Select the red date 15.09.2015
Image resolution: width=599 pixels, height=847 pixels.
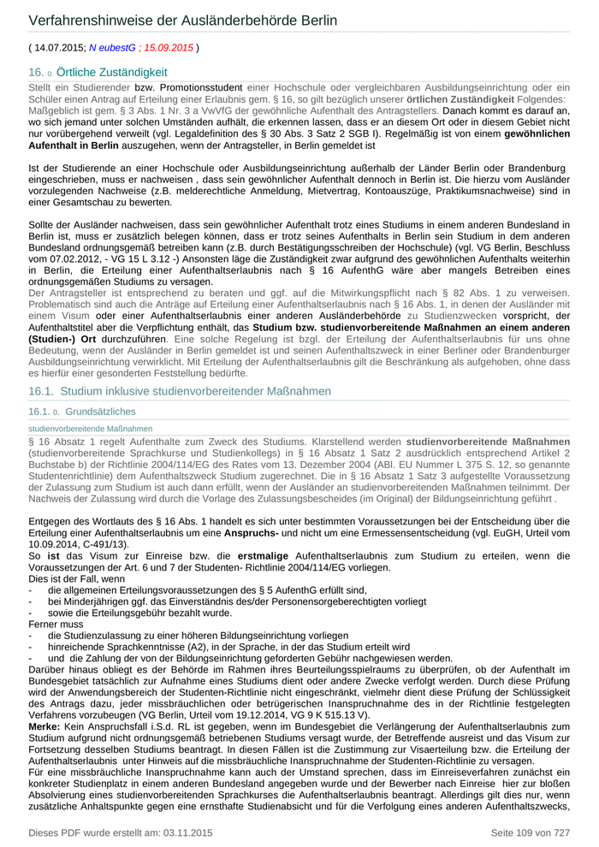tap(169, 48)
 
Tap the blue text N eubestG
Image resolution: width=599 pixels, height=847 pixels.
tap(114, 48)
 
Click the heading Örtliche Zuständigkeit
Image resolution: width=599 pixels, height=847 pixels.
tap(112, 73)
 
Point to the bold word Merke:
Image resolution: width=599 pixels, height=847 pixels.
tap(45, 726)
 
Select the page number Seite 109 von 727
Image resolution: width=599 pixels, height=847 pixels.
tap(530, 832)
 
